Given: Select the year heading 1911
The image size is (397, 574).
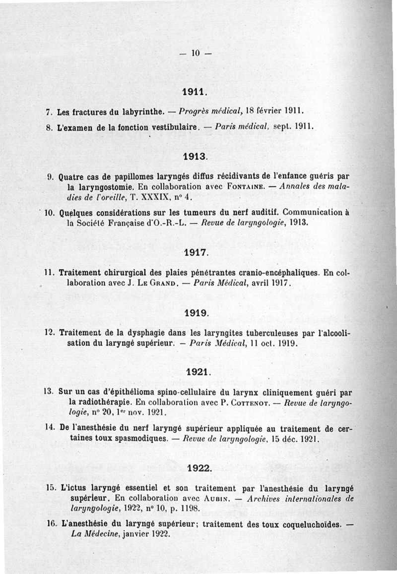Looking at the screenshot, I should (x=194, y=92).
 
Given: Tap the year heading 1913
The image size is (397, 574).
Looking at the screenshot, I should (x=195, y=156).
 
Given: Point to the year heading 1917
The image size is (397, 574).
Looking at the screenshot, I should (x=196, y=252).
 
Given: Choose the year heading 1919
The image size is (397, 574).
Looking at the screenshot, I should (x=196, y=313).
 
